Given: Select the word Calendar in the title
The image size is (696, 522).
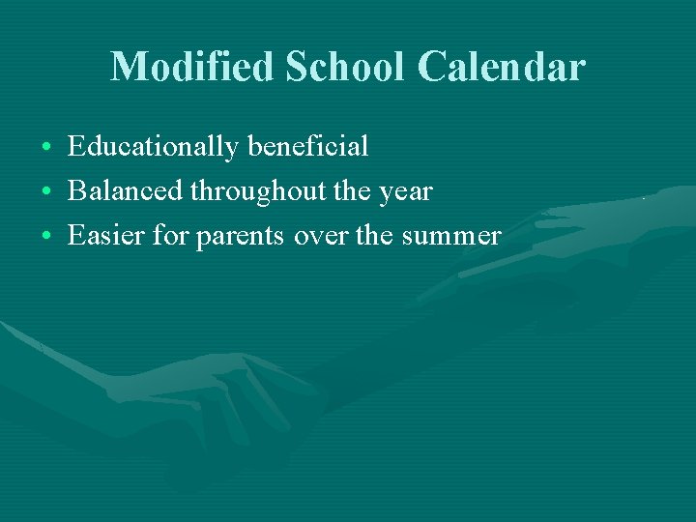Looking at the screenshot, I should [501, 67].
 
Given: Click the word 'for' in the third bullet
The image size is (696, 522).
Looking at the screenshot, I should [173, 235].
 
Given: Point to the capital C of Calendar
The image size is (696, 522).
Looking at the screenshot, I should [434, 67].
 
